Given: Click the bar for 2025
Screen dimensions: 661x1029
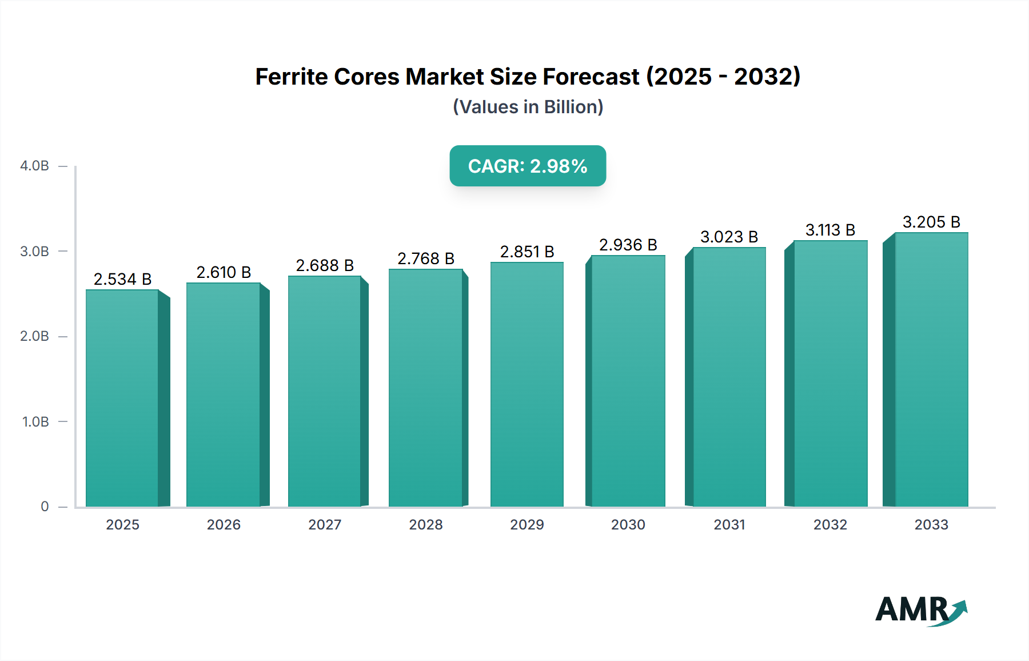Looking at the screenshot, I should (122, 398).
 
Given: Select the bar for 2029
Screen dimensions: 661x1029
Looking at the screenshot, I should (527, 384).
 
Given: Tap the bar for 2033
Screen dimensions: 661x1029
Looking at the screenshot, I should (931, 369).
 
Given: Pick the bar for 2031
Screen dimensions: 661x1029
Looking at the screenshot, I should (729, 377).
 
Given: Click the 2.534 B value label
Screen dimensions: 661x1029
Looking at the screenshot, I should (122, 279).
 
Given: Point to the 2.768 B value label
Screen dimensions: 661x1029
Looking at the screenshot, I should (426, 258).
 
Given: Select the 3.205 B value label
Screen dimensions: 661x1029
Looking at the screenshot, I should (931, 222).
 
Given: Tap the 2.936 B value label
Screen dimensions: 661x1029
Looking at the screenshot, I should (628, 245).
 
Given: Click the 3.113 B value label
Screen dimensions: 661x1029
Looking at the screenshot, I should (830, 230).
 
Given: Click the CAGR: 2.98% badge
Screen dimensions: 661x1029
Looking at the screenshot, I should (528, 166).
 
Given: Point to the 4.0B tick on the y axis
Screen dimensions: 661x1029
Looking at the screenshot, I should (34, 166).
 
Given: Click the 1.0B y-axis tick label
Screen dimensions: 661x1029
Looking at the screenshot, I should (35, 422).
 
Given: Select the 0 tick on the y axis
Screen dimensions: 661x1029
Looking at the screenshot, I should (45, 507).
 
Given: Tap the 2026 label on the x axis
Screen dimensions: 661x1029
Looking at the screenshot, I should (224, 525).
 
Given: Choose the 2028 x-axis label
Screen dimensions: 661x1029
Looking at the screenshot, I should (426, 525).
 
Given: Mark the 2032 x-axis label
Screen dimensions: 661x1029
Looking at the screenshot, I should (830, 525).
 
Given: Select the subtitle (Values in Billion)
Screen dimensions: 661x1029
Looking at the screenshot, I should (528, 107).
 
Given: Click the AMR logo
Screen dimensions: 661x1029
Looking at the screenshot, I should (920, 610).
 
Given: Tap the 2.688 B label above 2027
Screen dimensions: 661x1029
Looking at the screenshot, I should (325, 265).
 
